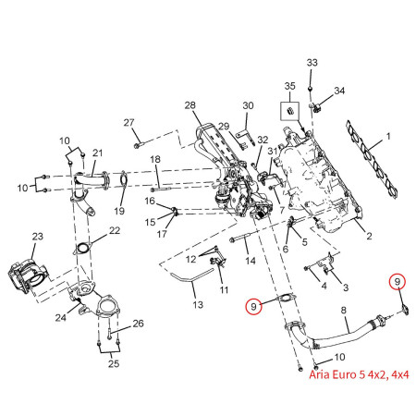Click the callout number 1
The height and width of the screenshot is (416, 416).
point(389,137)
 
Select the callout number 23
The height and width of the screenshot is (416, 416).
point(38,237)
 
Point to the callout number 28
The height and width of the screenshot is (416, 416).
point(190,106)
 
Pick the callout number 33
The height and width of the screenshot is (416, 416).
point(312,62)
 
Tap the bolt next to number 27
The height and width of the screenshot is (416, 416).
point(137,145)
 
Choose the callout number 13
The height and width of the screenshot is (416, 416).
point(197,305)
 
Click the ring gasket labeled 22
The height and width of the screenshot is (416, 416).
point(82,248)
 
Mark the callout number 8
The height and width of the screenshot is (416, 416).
point(344,311)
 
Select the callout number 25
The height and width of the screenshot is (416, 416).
point(115,363)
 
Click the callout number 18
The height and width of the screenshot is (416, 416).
point(156,160)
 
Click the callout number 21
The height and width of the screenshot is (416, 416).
point(98,153)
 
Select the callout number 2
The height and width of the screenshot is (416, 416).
point(368,238)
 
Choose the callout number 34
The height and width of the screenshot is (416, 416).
point(339,91)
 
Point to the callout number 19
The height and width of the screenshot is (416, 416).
point(119,212)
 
